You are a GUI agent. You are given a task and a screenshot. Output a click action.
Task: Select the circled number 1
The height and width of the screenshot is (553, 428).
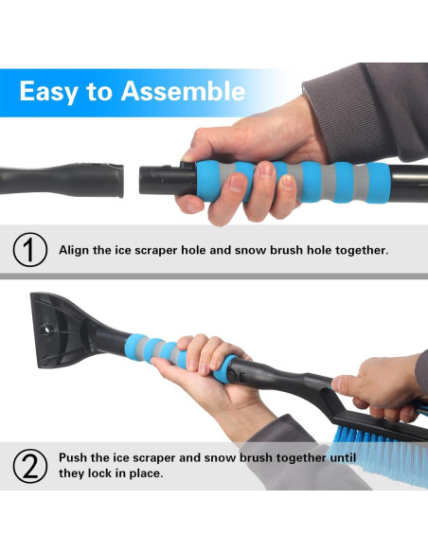[x=29, y=251]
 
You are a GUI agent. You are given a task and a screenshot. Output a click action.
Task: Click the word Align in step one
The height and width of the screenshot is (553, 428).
[x=76, y=251]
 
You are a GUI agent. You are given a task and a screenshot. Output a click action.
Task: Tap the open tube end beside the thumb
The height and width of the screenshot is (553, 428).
[x=152, y=178]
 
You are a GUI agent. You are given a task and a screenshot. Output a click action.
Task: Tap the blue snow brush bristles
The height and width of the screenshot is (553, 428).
[x=379, y=440]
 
